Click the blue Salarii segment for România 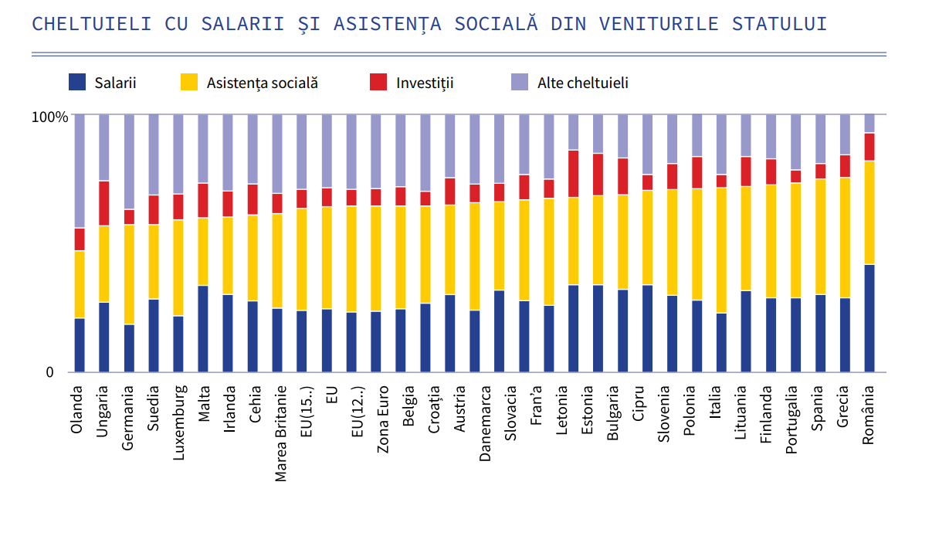(x=870, y=318)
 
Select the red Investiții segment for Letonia (x=574, y=174)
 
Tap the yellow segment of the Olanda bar (x=80, y=284)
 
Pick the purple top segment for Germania (x=129, y=161)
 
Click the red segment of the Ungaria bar (x=104, y=203)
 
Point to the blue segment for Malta (x=203, y=329)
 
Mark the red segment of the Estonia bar (x=598, y=175)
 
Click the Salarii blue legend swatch (x=77, y=82)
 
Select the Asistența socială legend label (x=262, y=83)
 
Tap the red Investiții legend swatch (x=378, y=82)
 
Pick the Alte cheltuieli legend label (x=582, y=83)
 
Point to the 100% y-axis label (x=49, y=117)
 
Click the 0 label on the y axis (x=50, y=372)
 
